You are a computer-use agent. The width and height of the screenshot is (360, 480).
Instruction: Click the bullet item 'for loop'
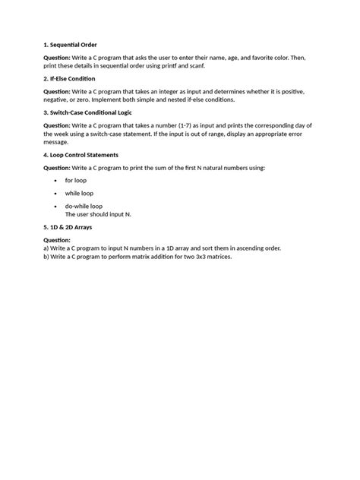76,180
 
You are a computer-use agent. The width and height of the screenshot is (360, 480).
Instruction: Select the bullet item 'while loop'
79,193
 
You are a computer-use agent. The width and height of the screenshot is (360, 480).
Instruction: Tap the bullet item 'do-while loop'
84,206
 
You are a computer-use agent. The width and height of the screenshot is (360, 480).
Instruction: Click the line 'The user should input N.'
98,214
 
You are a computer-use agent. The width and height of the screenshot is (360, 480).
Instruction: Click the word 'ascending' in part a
244,248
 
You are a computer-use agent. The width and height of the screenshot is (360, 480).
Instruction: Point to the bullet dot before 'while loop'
56,193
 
